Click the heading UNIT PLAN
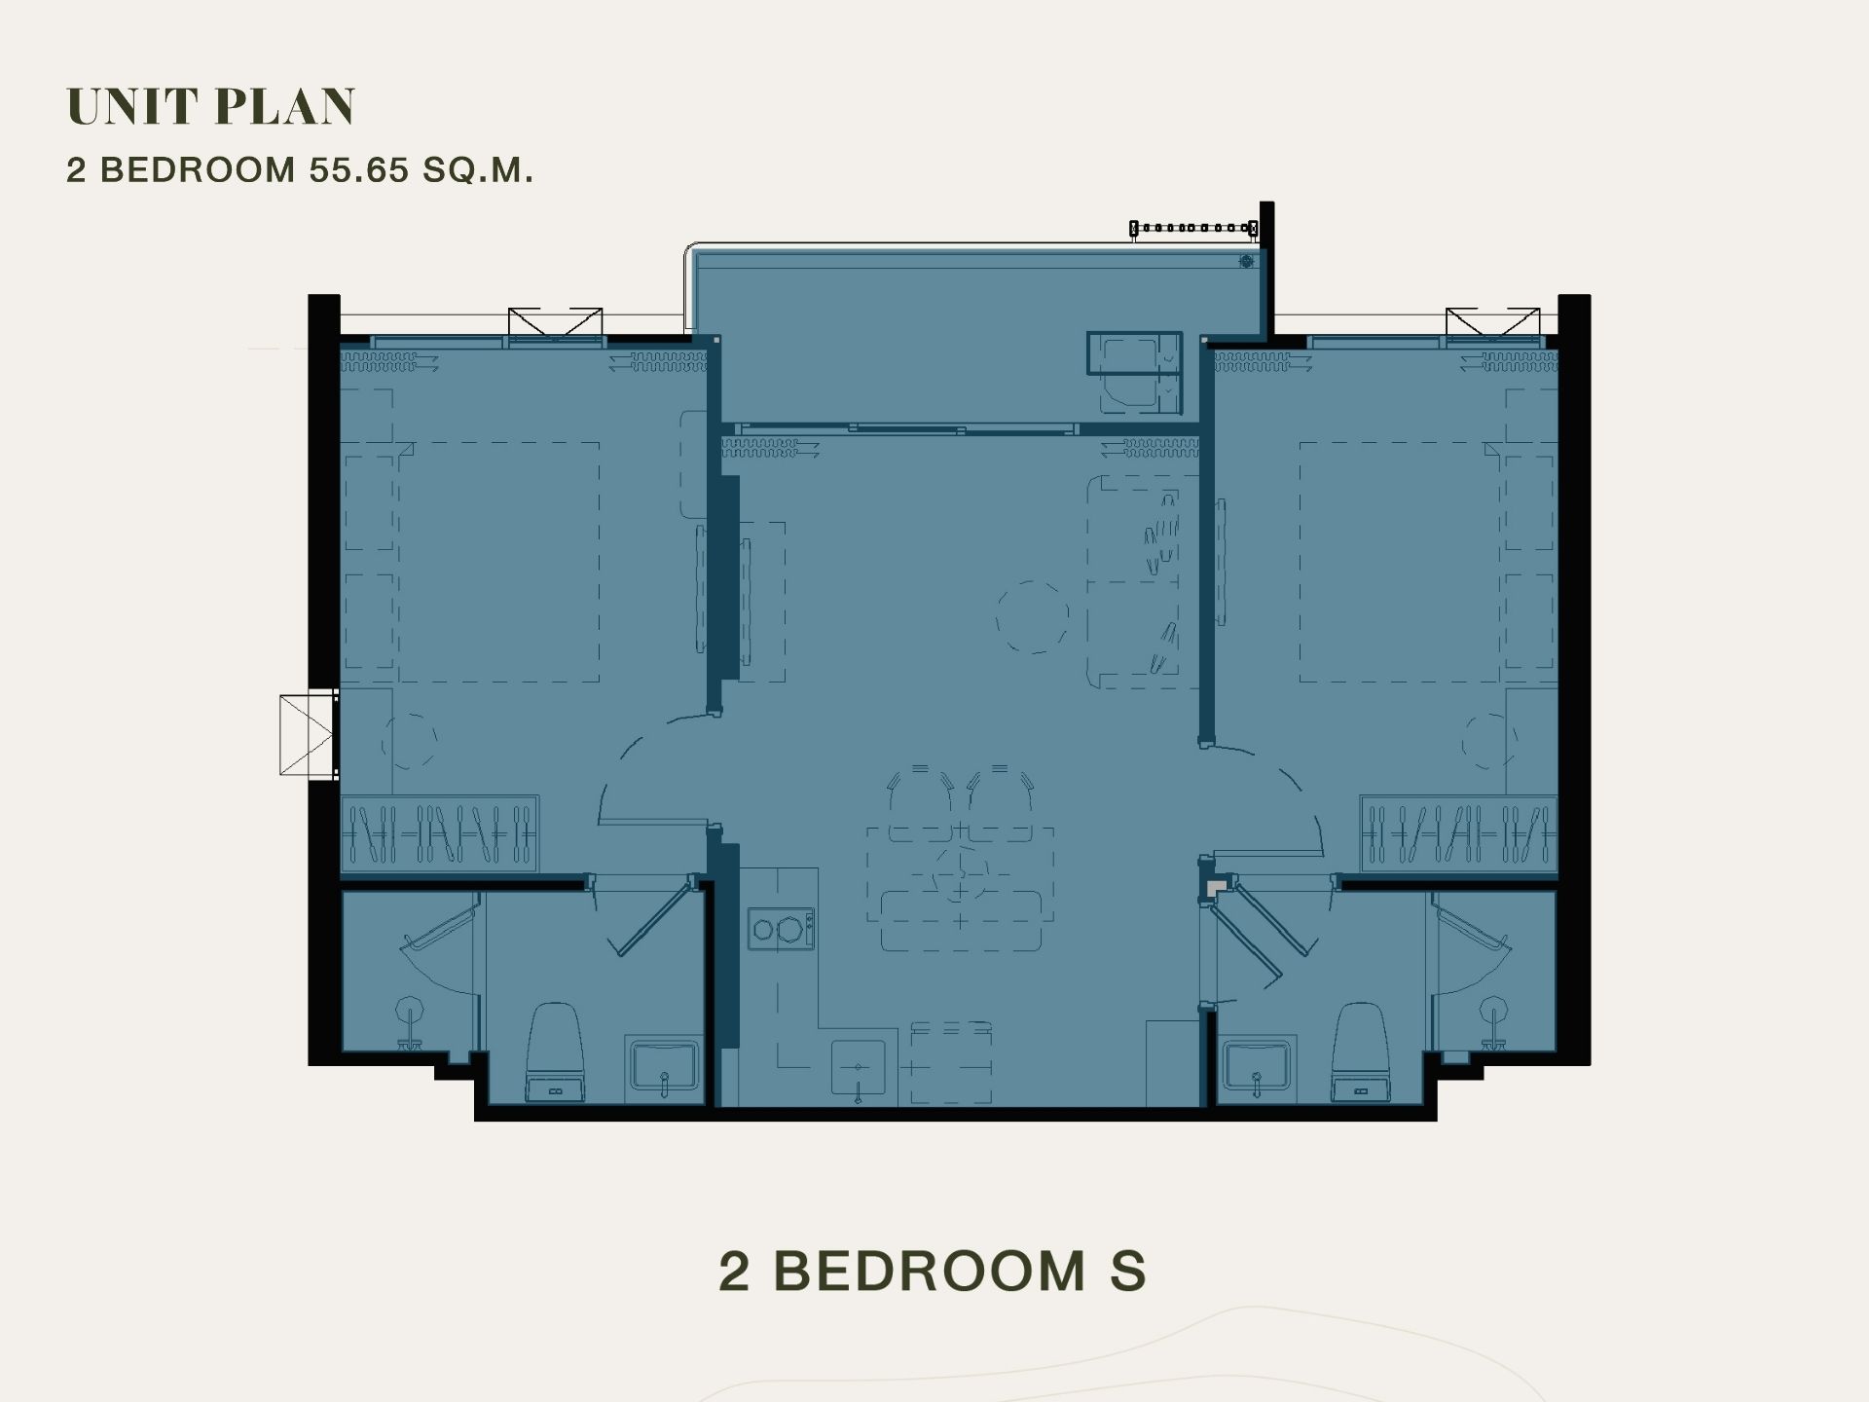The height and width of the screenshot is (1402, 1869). pyautogui.click(x=211, y=106)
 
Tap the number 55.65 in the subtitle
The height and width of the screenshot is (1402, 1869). pyautogui.click(x=359, y=170)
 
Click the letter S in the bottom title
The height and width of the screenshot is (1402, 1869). pyautogui.click(x=1128, y=1272)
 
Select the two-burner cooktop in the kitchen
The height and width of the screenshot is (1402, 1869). pyautogui.click(x=781, y=929)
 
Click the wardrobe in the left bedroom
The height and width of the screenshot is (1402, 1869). pyautogui.click(x=439, y=833)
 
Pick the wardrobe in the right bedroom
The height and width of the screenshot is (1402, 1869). pyautogui.click(x=1458, y=833)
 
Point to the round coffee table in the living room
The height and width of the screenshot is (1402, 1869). pyautogui.click(x=1032, y=617)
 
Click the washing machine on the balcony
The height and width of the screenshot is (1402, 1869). pyautogui.click(x=1134, y=373)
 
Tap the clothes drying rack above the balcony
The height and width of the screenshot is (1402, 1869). pyautogui.click(x=1193, y=229)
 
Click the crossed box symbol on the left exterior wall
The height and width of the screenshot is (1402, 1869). pyautogui.click(x=308, y=734)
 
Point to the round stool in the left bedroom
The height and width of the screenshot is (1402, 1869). pyautogui.click(x=410, y=741)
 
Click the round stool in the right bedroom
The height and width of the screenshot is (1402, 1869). pyautogui.click(x=1487, y=741)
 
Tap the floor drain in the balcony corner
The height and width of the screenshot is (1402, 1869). pyautogui.click(x=1246, y=261)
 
